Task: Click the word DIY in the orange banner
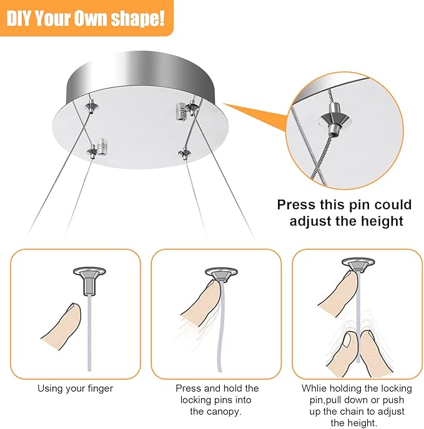(19, 19)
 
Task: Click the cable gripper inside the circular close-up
(335, 119)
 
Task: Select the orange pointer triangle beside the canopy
(256, 117)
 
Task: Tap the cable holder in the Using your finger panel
(89, 282)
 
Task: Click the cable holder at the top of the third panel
(358, 265)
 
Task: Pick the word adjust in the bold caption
(310, 221)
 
